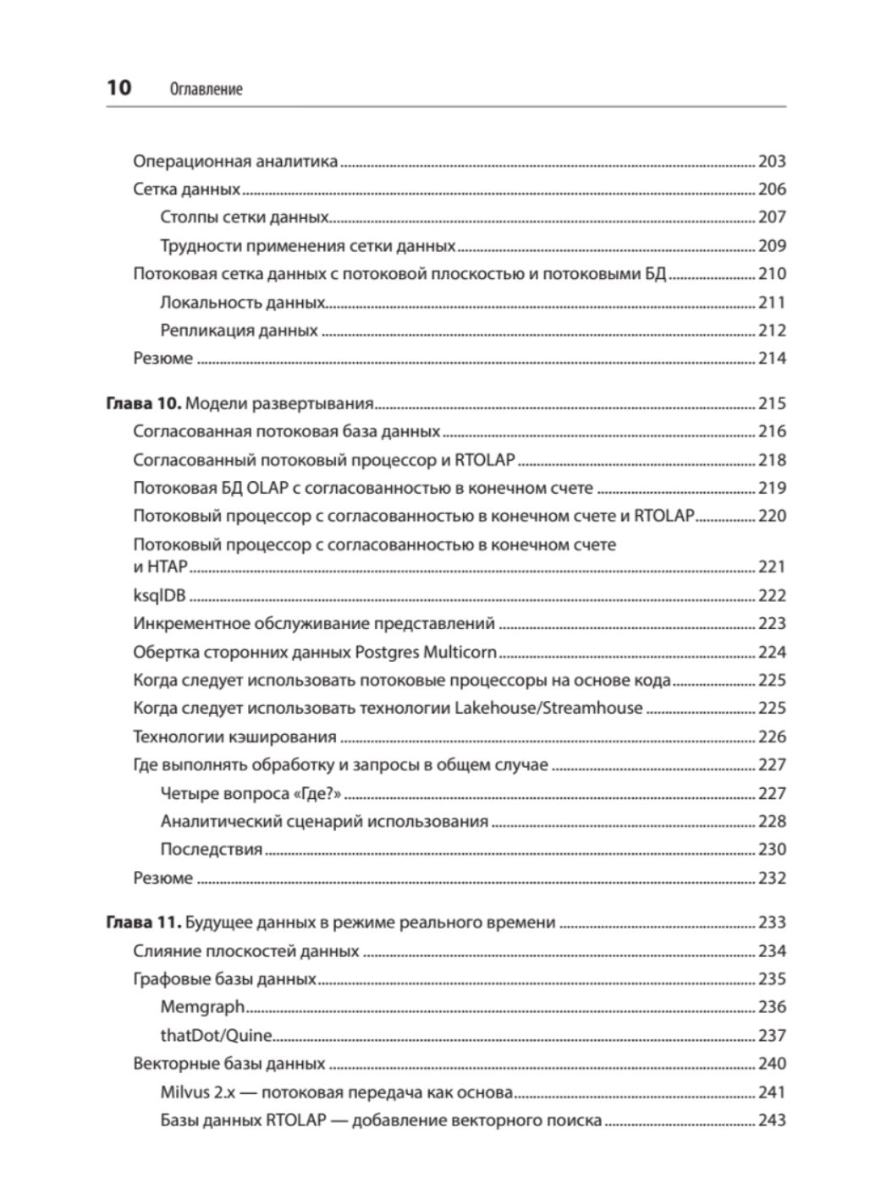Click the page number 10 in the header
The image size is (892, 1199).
(x=118, y=88)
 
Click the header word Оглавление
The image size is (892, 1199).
(x=206, y=89)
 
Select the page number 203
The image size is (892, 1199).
(x=772, y=161)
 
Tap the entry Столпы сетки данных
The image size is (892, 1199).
(x=244, y=217)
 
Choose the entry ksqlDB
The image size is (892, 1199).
(x=159, y=595)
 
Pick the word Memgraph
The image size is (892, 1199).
(x=202, y=1007)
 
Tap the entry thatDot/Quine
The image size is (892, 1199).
(x=216, y=1035)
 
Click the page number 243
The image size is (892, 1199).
(x=772, y=1120)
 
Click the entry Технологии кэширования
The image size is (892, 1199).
(x=234, y=736)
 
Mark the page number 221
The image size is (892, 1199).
(x=772, y=567)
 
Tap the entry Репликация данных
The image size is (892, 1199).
(x=239, y=331)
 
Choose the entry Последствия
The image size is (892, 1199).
(x=211, y=849)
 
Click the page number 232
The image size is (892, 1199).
(x=772, y=878)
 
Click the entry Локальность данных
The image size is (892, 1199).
(x=242, y=302)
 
